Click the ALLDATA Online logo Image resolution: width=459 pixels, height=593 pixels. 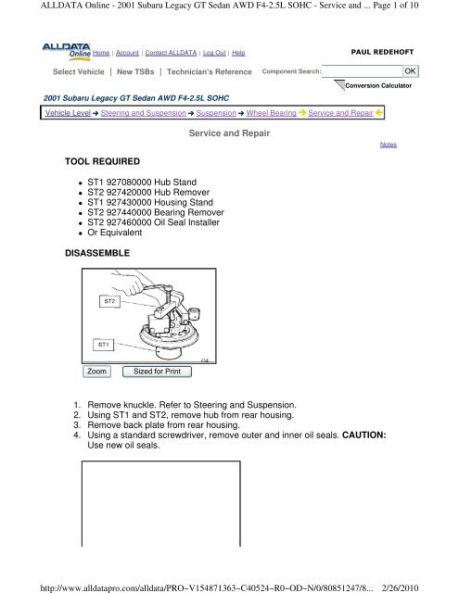(67, 52)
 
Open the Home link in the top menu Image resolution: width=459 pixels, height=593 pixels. (101, 53)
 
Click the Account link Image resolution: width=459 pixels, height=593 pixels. (127, 53)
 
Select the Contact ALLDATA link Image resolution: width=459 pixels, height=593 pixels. (171, 53)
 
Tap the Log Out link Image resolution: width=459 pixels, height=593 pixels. (214, 53)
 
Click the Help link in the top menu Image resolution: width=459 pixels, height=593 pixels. (238, 53)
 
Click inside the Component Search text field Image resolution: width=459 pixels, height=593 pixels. (363, 71)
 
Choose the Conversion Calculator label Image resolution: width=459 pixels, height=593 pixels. (378, 85)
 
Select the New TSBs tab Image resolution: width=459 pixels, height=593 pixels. (135, 71)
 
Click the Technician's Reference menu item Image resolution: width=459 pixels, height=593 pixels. (210, 71)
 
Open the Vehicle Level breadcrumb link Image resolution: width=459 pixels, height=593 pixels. (68, 113)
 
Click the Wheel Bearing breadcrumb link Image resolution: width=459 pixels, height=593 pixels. (272, 113)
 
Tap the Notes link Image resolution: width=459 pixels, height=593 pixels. (389, 145)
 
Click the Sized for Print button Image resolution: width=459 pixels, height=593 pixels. (157, 372)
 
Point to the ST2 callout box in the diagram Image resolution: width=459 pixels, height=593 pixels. (109, 301)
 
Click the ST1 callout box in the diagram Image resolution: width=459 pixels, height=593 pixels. (103, 345)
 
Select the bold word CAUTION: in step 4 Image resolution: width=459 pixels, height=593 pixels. (364, 435)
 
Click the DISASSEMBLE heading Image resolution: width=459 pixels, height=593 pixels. (97, 253)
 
